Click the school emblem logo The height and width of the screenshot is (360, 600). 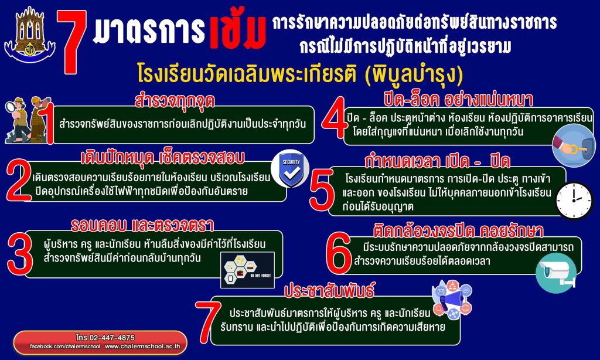(30, 35)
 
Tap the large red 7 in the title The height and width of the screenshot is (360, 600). (71, 42)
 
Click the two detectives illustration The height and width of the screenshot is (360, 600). (28, 120)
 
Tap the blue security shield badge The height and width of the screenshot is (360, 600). (291, 168)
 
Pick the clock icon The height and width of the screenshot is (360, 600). (574, 201)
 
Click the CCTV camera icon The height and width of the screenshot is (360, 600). (555, 273)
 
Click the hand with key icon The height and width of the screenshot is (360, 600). (573, 145)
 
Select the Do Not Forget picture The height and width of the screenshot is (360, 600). (248, 270)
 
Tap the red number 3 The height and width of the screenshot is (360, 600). (20, 254)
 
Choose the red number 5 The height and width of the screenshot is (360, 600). (322, 191)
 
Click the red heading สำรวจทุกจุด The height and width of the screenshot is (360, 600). (175, 100)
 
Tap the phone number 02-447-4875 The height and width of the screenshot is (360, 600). (105, 337)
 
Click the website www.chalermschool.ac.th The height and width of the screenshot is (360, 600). (143, 346)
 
